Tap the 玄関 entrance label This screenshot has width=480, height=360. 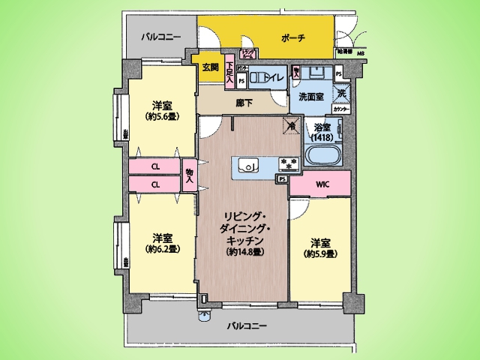click(210, 67)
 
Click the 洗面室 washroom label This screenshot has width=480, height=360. click(310, 97)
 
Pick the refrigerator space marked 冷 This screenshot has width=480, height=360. click(287, 126)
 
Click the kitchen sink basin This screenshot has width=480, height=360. click(248, 164)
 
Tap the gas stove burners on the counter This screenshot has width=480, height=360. click(289, 164)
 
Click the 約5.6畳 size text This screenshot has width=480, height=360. click(160, 117)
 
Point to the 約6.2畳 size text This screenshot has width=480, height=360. click(160, 248)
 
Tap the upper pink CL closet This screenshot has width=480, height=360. click(154, 166)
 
